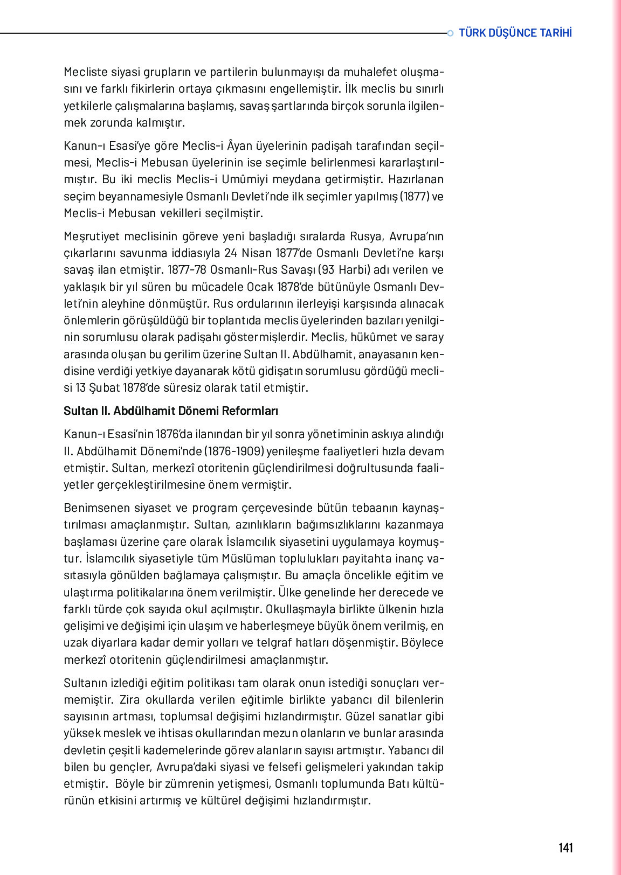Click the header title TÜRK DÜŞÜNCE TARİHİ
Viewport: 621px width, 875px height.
(515, 33)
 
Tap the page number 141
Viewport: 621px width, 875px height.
(565, 848)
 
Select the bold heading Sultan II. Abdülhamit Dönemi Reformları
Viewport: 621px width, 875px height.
(171, 411)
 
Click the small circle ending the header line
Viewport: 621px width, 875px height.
(450, 33)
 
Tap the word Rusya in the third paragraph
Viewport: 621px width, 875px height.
(366, 237)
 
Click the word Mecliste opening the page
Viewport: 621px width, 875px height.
(86, 72)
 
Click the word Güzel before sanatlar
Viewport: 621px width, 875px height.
(361, 717)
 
